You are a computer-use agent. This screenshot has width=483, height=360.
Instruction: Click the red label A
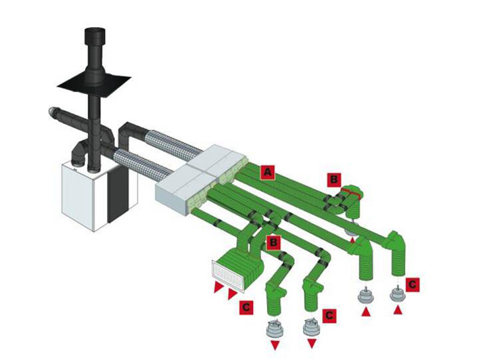pos(267,173)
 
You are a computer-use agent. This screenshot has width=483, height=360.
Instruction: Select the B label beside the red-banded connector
pos(334,179)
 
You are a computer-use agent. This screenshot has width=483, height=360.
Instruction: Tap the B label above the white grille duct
pos(273,242)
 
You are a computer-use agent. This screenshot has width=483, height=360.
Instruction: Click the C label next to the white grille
pos(246,307)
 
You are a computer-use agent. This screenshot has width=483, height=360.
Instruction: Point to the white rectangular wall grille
pos(227,276)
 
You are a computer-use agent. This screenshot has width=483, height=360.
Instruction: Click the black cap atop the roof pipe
pos(95,36)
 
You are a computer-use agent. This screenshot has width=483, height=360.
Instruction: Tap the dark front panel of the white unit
pos(117,194)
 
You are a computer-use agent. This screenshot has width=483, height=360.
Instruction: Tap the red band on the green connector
pos(352,193)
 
